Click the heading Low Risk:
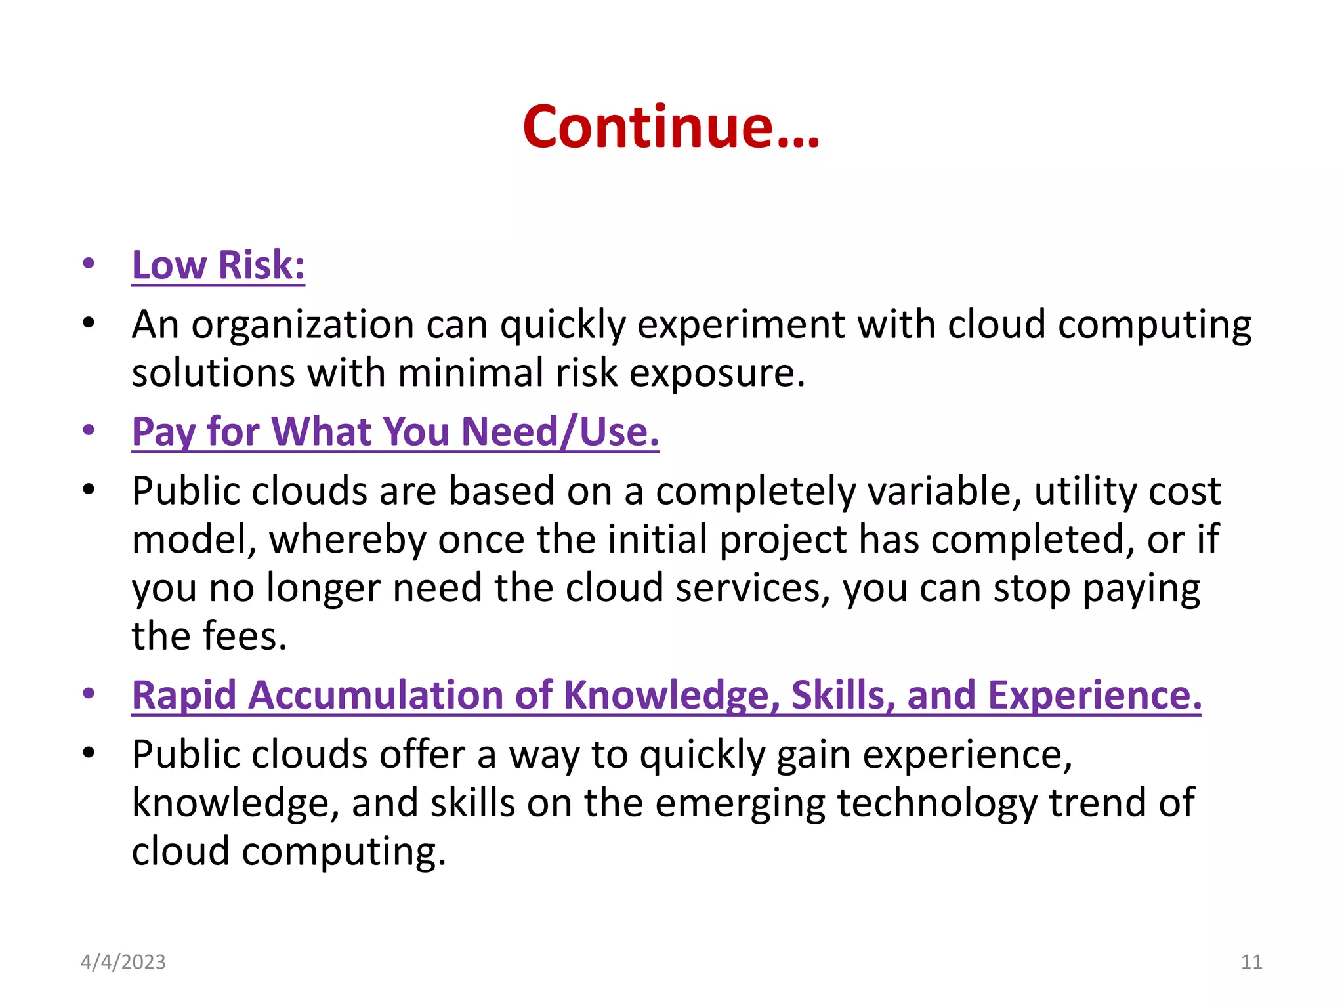point(218,265)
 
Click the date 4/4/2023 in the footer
point(123,962)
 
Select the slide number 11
point(1251,962)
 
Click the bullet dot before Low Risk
point(89,264)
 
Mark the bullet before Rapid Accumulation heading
point(89,694)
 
